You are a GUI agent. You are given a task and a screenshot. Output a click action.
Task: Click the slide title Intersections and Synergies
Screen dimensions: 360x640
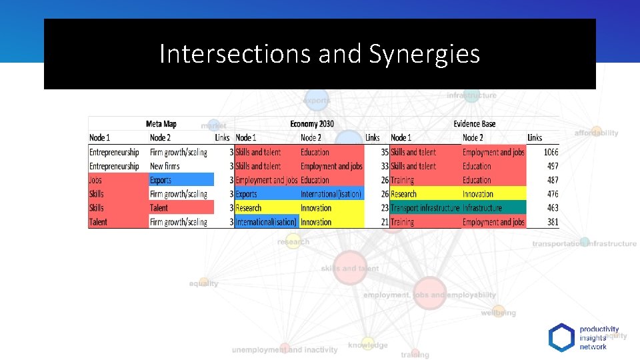(x=319, y=54)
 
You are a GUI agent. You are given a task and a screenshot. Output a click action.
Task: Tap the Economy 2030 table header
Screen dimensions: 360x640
(x=312, y=123)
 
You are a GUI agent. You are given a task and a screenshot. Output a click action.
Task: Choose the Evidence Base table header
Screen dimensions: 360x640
(x=474, y=123)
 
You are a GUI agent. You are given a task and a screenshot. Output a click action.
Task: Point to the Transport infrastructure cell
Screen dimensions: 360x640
(x=425, y=208)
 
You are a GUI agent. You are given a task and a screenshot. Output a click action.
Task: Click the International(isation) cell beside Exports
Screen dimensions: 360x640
(x=331, y=194)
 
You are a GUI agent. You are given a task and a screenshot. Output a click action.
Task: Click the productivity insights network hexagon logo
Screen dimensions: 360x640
(x=561, y=337)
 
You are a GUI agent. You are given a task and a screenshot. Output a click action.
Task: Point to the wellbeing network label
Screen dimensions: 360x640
(x=498, y=313)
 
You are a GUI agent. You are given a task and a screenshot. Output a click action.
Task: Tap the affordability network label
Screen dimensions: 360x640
(x=596, y=133)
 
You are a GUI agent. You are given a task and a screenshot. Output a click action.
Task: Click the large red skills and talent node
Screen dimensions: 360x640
(x=349, y=267)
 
